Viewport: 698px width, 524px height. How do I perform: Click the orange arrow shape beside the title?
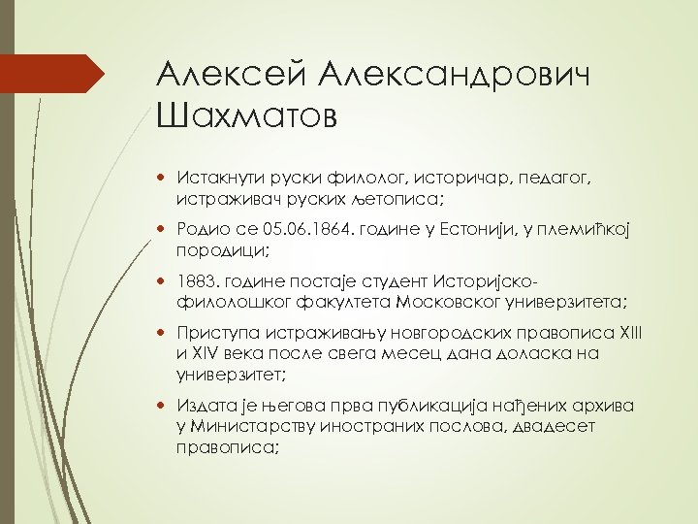[x=53, y=74]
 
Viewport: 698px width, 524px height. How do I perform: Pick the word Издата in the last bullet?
[x=204, y=404]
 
